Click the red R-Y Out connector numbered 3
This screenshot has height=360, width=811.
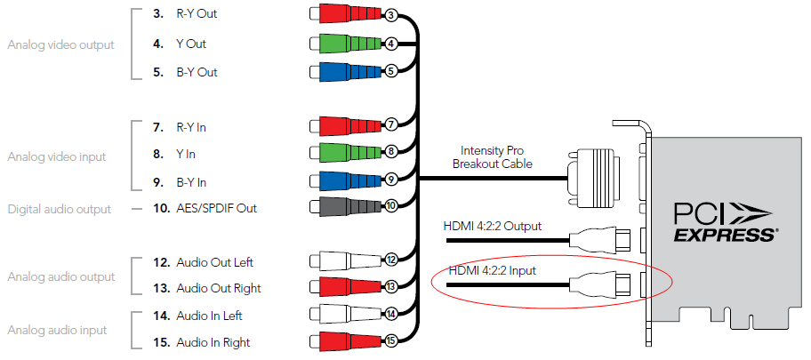[342, 14]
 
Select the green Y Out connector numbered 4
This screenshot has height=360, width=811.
[342, 43]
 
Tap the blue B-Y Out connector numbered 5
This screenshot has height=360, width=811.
[342, 71]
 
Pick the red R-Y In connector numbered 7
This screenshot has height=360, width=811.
[342, 126]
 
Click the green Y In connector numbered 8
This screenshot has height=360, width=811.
[342, 154]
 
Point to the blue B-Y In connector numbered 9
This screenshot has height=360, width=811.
[342, 181]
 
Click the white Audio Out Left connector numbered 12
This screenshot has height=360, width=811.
[342, 261]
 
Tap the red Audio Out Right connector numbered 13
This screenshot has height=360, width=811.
[342, 288]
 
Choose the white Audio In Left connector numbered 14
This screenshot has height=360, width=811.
[342, 315]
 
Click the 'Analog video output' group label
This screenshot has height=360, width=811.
[60, 44]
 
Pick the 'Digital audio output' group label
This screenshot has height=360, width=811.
[59, 209]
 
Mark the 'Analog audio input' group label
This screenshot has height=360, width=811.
[57, 330]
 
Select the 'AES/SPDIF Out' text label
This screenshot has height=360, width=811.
[215, 209]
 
